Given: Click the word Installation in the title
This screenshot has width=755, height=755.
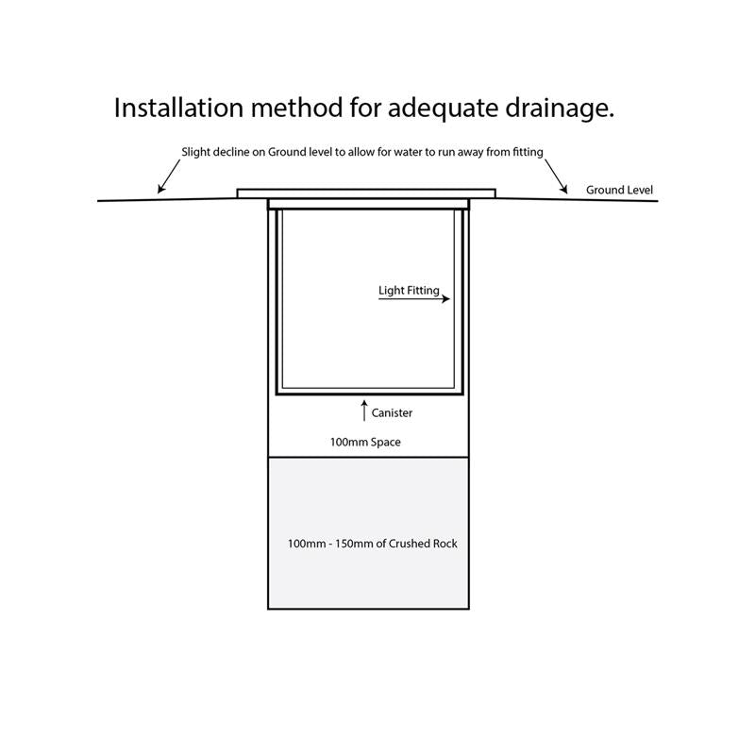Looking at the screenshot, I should [177, 108].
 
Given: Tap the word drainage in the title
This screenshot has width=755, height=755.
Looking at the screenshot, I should [562, 108].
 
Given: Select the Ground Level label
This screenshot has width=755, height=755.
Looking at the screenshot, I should [619, 190].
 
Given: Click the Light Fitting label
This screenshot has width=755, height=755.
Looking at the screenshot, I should [409, 291].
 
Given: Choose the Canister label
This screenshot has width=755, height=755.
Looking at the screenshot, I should [392, 412].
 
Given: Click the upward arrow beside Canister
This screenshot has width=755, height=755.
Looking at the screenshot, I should [363, 411].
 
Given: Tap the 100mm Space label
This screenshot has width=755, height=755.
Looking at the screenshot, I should [364, 442].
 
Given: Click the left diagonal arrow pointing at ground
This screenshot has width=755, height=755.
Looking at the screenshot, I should [167, 176].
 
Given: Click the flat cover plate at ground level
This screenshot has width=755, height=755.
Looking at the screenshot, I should [365, 193].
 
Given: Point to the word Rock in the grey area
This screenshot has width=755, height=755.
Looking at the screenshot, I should [443, 544].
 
